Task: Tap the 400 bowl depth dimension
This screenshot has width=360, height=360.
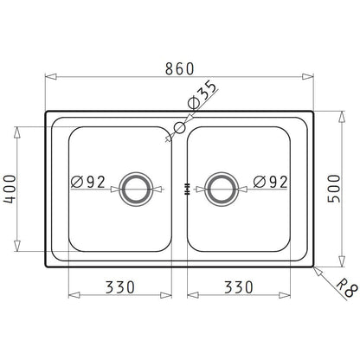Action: coord(10,186)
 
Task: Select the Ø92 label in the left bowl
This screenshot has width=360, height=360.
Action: coord(87,183)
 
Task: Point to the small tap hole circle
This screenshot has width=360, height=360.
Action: coord(179,128)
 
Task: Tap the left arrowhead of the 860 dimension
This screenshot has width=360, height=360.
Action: coord(49,77)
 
